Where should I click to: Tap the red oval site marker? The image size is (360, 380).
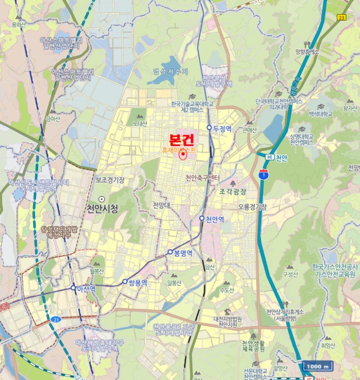tap(183, 154)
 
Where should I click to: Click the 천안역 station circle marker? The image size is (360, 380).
tap(201, 219)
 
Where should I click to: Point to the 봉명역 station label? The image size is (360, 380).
tap(183, 252)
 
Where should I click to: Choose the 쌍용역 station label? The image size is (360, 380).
tap(137, 282)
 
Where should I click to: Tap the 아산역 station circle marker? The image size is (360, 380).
tap(73, 288)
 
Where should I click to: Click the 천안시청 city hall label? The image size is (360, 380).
tap(102, 208)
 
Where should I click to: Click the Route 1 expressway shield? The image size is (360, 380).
tap(263, 174)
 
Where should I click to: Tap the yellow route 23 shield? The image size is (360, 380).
tap(342, 17)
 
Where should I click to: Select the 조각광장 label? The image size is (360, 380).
tap(232, 192)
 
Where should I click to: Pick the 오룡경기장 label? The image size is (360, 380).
tap(252, 207)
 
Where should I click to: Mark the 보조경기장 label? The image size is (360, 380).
tap(110, 179)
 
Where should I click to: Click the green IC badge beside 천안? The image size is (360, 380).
tap(269, 157)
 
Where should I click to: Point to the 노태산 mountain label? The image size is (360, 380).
tap(140, 123)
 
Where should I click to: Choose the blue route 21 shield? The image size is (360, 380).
tap(56, 320)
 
